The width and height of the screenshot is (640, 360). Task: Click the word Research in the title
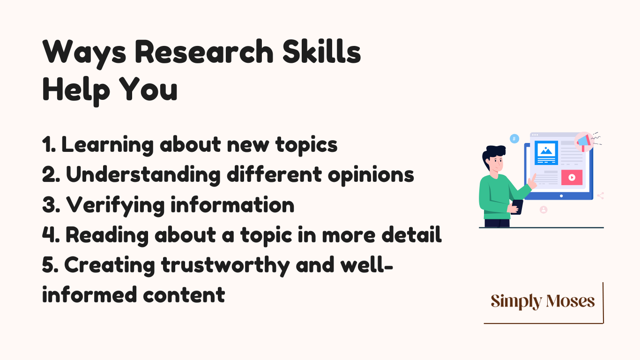pyautogui.click(x=204, y=52)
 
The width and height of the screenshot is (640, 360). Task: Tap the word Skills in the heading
pyautogui.click(x=322, y=52)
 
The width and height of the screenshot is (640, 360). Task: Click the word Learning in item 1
pyautogui.click(x=108, y=145)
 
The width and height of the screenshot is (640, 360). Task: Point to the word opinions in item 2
pyautogui.click(x=371, y=175)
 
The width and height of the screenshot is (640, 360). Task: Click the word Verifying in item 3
pyautogui.click(x=115, y=205)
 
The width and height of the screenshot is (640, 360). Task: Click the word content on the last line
pyautogui.click(x=184, y=295)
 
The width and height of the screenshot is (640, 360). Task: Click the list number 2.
pyautogui.click(x=51, y=174)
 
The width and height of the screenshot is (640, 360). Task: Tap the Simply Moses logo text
pyautogui.click(x=543, y=301)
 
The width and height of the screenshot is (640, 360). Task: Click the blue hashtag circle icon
pyautogui.click(x=514, y=139)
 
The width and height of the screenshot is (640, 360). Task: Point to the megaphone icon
pyautogui.click(x=584, y=142)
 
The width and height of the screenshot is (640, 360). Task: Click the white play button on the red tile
pyautogui.click(x=572, y=178)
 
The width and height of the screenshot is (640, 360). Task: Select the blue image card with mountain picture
pyautogui.click(x=546, y=153)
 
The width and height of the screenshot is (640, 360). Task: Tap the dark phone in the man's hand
pyautogui.click(x=517, y=207)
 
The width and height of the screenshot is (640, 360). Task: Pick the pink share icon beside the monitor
pyautogui.click(x=601, y=196)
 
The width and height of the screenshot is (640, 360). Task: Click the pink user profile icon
pyautogui.click(x=543, y=210)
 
